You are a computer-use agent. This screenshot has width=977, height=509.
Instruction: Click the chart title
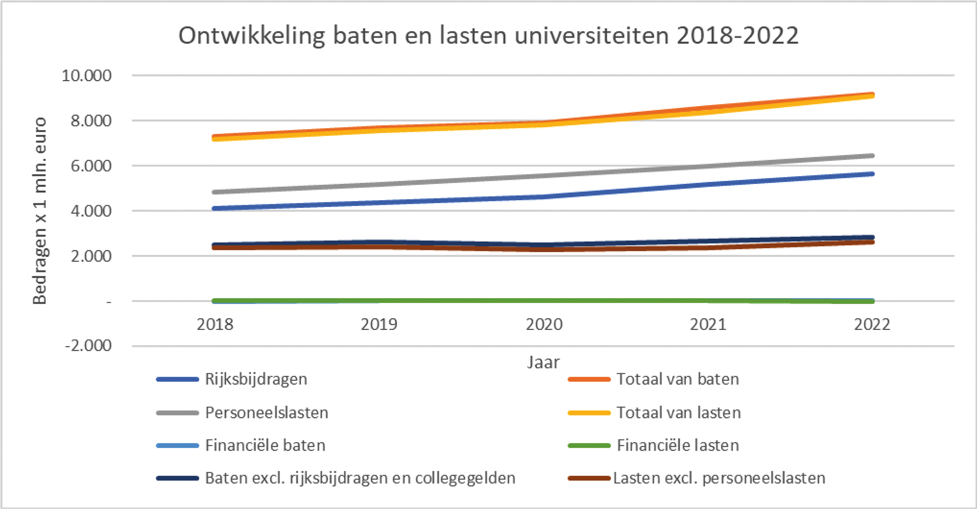[488, 36]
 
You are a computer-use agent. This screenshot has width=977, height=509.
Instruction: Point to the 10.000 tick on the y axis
[87, 75]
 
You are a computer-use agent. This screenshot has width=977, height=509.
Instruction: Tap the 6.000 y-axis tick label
[91, 166]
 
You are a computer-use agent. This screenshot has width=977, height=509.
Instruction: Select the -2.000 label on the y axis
[88, 346]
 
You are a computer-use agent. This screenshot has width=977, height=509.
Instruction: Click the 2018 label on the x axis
[215, 324]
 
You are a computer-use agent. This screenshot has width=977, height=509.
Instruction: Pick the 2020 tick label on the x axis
[544, 324]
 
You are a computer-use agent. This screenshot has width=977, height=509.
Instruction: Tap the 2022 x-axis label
[872, 324]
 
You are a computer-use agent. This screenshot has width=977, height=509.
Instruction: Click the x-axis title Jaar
[543, 362]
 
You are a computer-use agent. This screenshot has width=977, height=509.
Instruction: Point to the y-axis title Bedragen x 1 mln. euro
[40, 210]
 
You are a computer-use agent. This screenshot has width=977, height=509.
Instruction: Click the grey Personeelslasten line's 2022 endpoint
[872, 156]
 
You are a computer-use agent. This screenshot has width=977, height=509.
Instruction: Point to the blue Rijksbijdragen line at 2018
[215, 208]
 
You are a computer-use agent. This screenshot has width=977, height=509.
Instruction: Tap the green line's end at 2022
[872, 302]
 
